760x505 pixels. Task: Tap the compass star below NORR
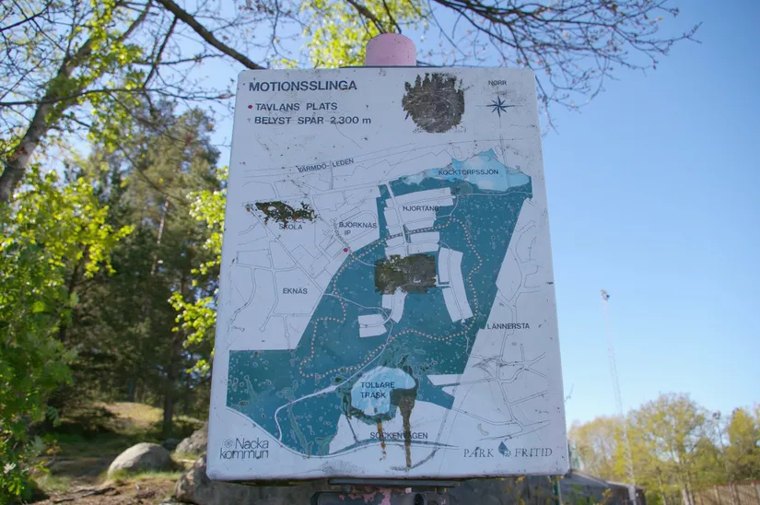tap(498, 104)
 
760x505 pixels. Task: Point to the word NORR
tap(497, 83)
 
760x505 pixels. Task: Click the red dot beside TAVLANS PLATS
tap(250, 107)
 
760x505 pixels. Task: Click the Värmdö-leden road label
tap(325, 166)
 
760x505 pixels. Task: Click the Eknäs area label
tap(295, 290)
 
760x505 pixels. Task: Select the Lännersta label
tap(509, 325)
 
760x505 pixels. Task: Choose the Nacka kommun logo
tap(243, 448)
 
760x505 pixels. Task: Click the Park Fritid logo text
tap(508, 452)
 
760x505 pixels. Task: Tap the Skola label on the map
tap(290, 226)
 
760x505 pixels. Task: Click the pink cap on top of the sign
tap(390, 50)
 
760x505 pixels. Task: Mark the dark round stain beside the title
tap(433, 101)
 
